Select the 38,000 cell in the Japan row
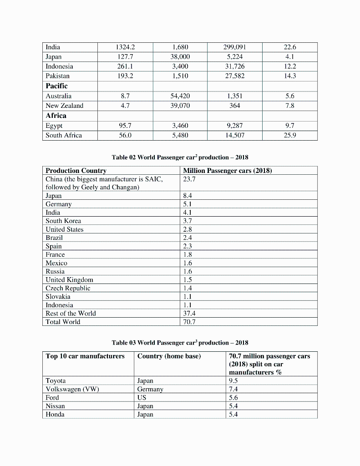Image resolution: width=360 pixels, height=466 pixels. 180,57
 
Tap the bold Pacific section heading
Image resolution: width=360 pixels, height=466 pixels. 56,86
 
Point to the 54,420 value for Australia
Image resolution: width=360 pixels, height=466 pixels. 180,96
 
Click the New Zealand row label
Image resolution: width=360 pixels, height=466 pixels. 64,106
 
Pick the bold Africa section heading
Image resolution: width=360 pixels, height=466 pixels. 56,116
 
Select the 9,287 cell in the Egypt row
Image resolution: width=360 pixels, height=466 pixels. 234,126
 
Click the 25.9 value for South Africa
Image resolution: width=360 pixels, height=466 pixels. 289,135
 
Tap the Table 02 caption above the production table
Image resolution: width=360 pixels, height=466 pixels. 180,157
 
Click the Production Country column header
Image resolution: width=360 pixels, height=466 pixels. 76,171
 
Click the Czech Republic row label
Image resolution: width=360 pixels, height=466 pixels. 68,289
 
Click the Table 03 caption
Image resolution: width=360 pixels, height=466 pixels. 180,343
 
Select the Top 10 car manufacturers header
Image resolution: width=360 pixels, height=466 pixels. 85,356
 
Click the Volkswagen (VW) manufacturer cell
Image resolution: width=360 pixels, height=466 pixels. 72,389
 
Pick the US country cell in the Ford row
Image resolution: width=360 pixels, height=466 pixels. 142,398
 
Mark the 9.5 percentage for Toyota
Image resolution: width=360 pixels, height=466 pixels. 233,381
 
